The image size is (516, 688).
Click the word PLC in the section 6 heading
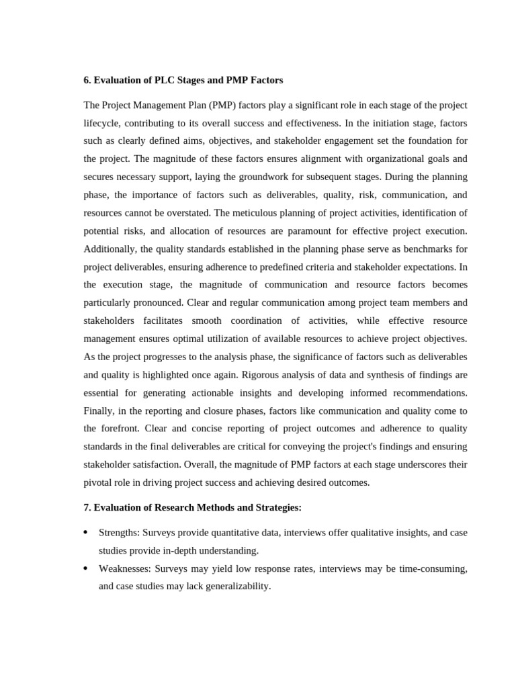[165, 81]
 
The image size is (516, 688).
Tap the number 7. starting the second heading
[87, 508]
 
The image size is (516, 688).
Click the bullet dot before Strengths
[85, 533]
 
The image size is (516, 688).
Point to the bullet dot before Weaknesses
[85, 568]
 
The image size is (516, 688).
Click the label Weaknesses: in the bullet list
[124, 568]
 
